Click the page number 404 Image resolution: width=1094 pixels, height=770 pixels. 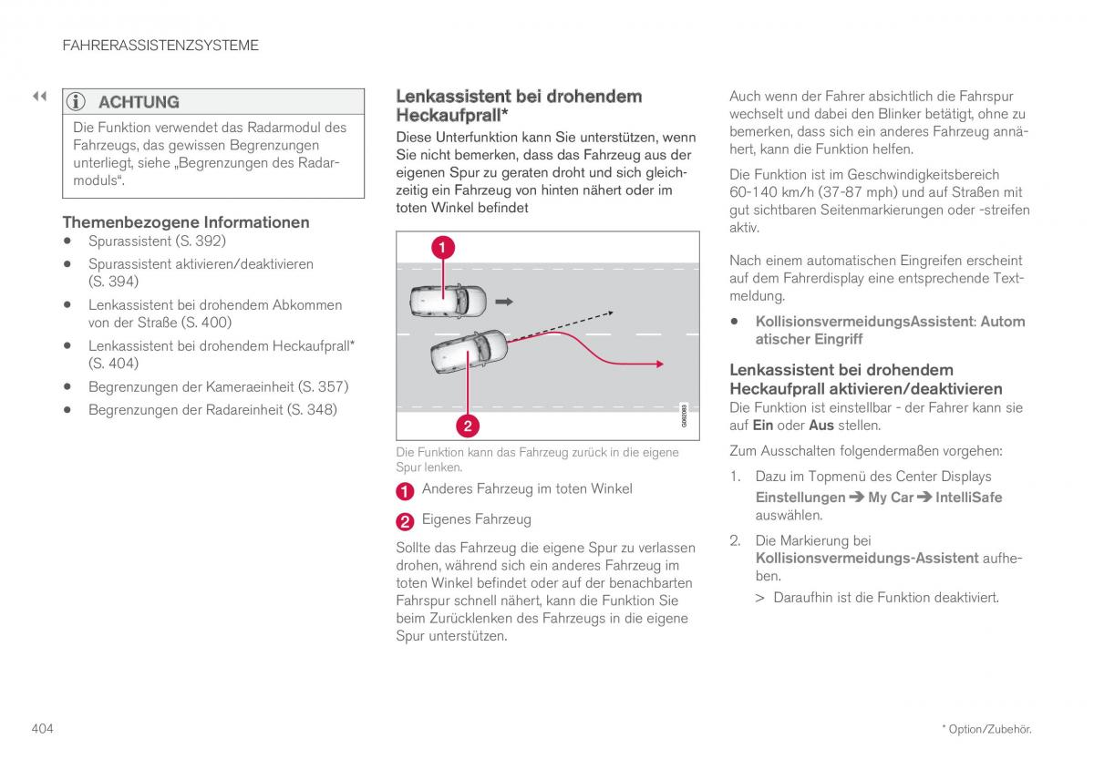pos(43,728)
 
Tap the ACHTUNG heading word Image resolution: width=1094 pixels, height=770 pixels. pos(139,102)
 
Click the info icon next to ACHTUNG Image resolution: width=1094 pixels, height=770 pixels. pos(78,102)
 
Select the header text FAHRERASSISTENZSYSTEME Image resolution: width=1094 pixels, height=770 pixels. pos(160,45)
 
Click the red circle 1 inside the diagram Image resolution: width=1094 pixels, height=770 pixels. pos(443,247)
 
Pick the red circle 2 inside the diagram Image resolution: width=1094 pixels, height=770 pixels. pos(467,425)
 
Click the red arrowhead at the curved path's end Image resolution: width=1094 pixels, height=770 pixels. pos(658,364)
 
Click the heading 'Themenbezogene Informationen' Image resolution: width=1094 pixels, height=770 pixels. pos(186,221)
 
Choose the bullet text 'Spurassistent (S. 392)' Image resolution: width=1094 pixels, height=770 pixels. pos(157,241)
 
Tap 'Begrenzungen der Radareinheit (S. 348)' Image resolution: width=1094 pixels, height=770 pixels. pos(212,409)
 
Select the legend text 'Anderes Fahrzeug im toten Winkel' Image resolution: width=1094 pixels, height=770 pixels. pos(526,489)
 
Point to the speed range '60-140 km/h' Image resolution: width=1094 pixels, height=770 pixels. pos(768,192)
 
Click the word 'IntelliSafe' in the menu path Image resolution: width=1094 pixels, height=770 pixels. pos(968,498)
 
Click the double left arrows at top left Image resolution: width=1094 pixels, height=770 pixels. pos(39,96)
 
